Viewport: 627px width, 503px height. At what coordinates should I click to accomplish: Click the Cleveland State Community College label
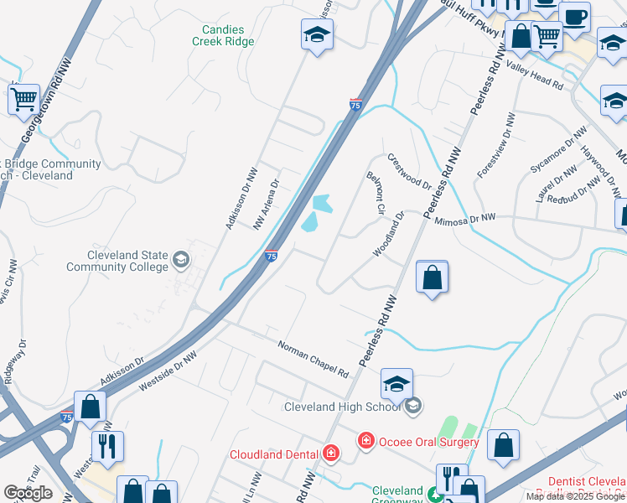pos(117,261)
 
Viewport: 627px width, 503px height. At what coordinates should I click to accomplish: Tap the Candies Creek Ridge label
pos(223,34)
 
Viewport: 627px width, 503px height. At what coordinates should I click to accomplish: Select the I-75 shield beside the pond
pos(272,255)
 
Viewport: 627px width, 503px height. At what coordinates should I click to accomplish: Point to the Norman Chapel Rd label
pos(313,358)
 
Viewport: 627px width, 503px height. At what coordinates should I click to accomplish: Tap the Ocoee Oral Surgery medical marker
pos(365,440)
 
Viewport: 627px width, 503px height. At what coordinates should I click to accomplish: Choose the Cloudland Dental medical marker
pos(332,454)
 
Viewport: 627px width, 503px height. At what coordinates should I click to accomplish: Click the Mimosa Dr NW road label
pos(465,218)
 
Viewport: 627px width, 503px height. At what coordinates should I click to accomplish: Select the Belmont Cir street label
pos(375,192)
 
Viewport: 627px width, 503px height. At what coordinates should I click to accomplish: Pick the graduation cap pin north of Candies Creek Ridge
pos(318,35)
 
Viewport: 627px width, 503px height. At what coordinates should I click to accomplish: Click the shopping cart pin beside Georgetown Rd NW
pos(24,99)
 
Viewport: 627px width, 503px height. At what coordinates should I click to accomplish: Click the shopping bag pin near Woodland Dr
pos(432,277)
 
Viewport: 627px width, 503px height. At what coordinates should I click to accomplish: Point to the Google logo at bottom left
pos(28,493)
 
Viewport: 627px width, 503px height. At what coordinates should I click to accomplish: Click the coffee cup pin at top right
pos(574,17)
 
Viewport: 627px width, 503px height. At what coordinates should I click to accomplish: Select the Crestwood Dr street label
pos(409,171)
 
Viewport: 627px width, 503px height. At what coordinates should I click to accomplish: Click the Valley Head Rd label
pos(535,76)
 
